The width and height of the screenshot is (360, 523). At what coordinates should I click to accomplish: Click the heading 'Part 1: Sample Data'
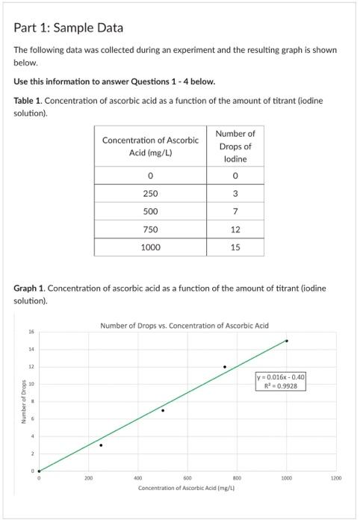[x=69, y=28]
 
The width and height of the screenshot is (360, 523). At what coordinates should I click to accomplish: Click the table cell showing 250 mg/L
[x=150, y=194]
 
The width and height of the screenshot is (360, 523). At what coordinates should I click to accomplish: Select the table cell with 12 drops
[x=235, y=229]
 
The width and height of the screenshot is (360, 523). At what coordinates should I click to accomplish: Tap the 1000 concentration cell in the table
[x=150, y=247]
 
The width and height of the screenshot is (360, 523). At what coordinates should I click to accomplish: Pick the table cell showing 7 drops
[x=235, y=211]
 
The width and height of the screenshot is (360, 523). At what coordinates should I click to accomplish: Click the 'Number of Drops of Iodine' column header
[x=235, y=146]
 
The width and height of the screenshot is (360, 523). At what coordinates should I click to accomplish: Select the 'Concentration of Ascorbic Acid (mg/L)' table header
[x=150, y=146]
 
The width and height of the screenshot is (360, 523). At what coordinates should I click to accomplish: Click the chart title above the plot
[x=184, y=326]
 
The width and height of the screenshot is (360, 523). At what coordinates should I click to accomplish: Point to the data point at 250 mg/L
[x=101, y=445]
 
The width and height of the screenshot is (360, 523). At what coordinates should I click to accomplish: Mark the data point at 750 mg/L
[x=225, y=367]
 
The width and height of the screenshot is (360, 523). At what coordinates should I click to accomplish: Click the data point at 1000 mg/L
[x=287, y=341]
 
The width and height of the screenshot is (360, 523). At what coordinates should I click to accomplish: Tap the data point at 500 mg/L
[x=163, y=410]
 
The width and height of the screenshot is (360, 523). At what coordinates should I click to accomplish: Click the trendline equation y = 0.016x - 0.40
[x=282, y=377]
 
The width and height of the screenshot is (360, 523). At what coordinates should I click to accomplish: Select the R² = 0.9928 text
[x=282, y=386]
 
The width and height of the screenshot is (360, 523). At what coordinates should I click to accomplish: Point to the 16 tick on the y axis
[x=31, y=332]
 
